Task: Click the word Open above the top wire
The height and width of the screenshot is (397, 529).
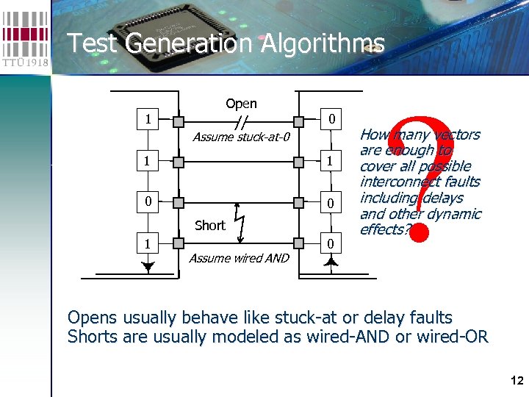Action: coord(241,104)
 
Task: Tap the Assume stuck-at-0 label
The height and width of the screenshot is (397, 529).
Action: coord(242,137)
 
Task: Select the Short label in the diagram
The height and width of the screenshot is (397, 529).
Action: coord(209,226)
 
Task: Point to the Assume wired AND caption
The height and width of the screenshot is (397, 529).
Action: coord(239,258)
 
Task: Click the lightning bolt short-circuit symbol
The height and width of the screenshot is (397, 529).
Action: coord(240,220)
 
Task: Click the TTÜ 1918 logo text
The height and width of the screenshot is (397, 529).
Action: coord(26,62)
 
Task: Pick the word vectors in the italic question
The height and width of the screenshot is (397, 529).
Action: coord(456,135)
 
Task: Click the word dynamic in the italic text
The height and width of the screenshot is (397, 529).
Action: coord(456,214)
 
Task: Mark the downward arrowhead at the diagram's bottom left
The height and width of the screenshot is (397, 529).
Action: coord(149,268)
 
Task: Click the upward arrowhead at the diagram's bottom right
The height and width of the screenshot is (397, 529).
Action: coord(332,262)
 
